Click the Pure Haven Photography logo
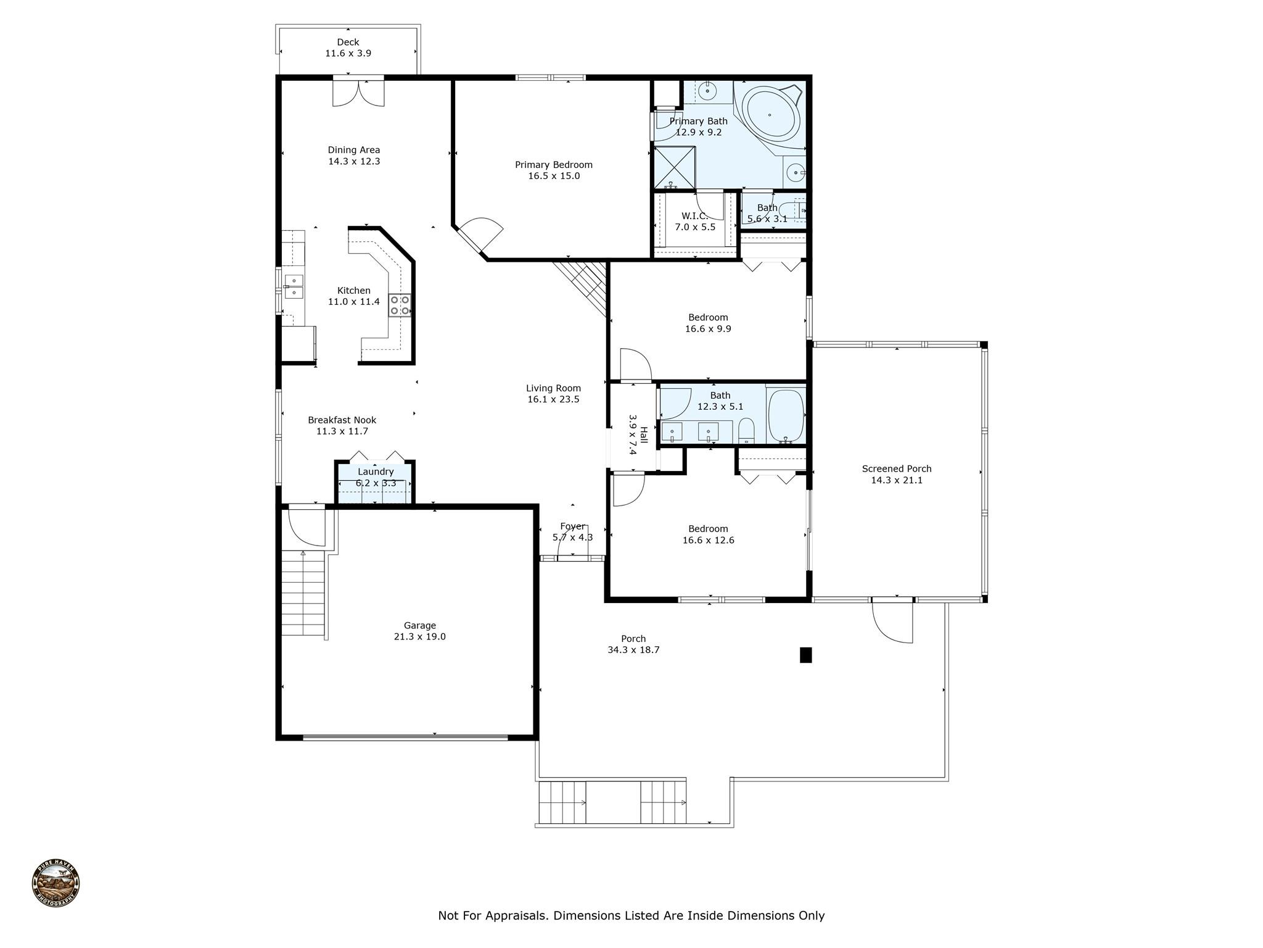pos(56,883)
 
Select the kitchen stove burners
pos(400,306)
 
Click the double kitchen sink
pos(294,286)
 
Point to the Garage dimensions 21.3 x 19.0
pos(419,636)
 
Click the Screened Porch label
pos(897,469)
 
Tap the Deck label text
pos(348,42)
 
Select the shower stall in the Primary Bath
pos(675,167)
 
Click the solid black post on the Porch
pos(805,655)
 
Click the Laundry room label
pos(376,472)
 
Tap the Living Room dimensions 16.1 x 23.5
pos(553,399)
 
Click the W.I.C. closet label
pos(695,215)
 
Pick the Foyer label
pos(572,526)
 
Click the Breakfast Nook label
pos(342,420)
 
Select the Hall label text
pos(643,434)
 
